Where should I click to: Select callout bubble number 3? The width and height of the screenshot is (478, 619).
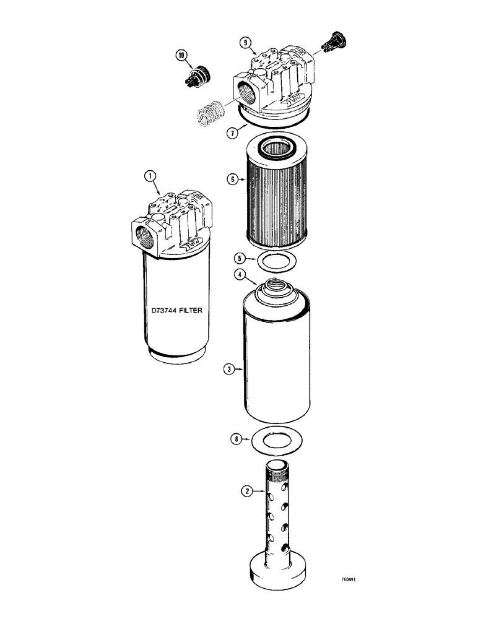[x=228, y=370]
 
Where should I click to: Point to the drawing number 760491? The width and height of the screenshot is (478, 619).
[x=347, y=581]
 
